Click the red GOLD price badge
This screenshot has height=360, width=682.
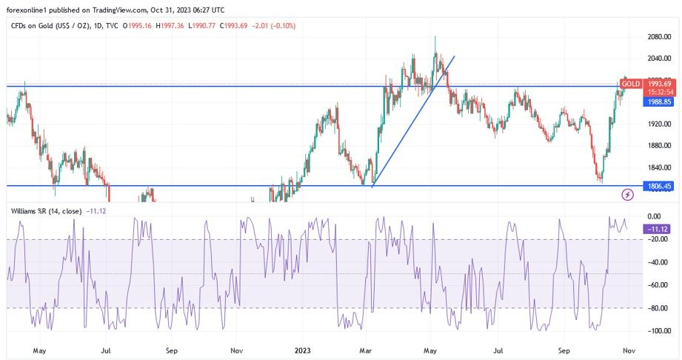[x=631, y=84]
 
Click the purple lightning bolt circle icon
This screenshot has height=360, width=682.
[x=628, y=195]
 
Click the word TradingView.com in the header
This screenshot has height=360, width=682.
[x=135, y=10]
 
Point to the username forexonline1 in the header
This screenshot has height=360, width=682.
[x=27, y=10]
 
